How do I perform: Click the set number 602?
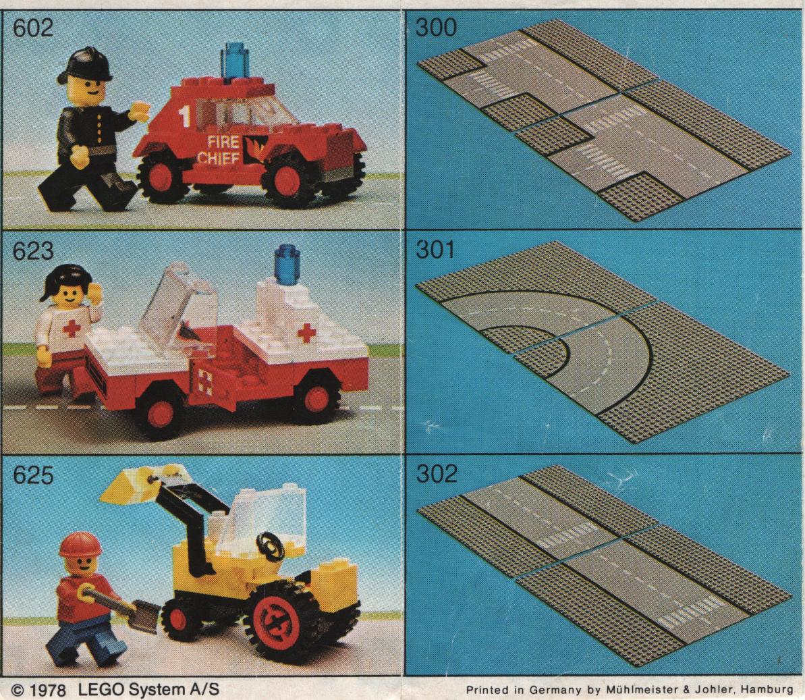[32, 28]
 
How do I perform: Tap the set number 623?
[32, 251]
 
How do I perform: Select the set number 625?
[32, 475]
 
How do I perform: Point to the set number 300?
[435, 28]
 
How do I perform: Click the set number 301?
[435, 250]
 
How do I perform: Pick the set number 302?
[435, 473]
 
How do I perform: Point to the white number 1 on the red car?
[185, 116]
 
